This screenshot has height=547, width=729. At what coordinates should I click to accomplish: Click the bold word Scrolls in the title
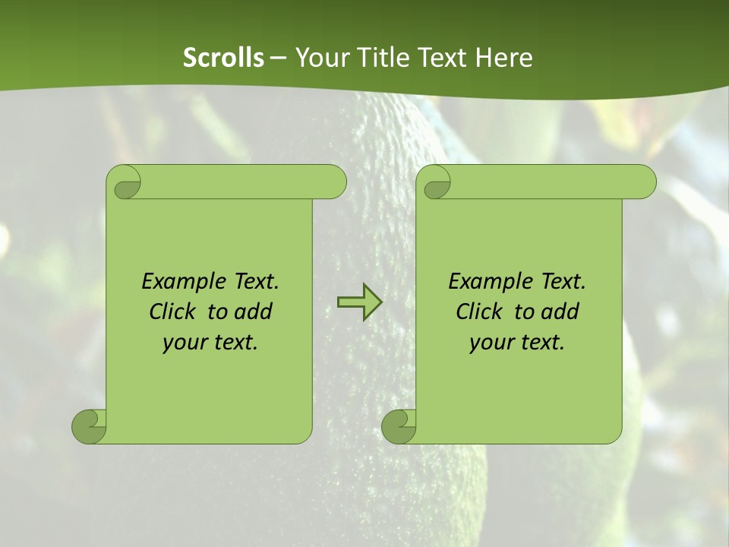click(x=224, y=58)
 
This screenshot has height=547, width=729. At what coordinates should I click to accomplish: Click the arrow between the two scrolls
click(x=359, y=302)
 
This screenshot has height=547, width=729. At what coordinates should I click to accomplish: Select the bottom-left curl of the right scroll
click(x=399, y=426)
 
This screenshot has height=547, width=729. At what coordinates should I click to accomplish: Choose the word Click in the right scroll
click(x=478, y=311)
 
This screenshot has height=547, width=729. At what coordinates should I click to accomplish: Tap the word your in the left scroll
click(x=182, y=342)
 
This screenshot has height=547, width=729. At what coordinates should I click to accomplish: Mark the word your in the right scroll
click(x=489, y=342)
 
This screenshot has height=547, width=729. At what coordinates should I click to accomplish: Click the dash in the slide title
click(x=279, y=58)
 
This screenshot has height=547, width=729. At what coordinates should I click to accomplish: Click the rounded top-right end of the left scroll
click(x=334, y=182)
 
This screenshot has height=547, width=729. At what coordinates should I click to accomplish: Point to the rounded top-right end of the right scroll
click(x=644, y=182)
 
